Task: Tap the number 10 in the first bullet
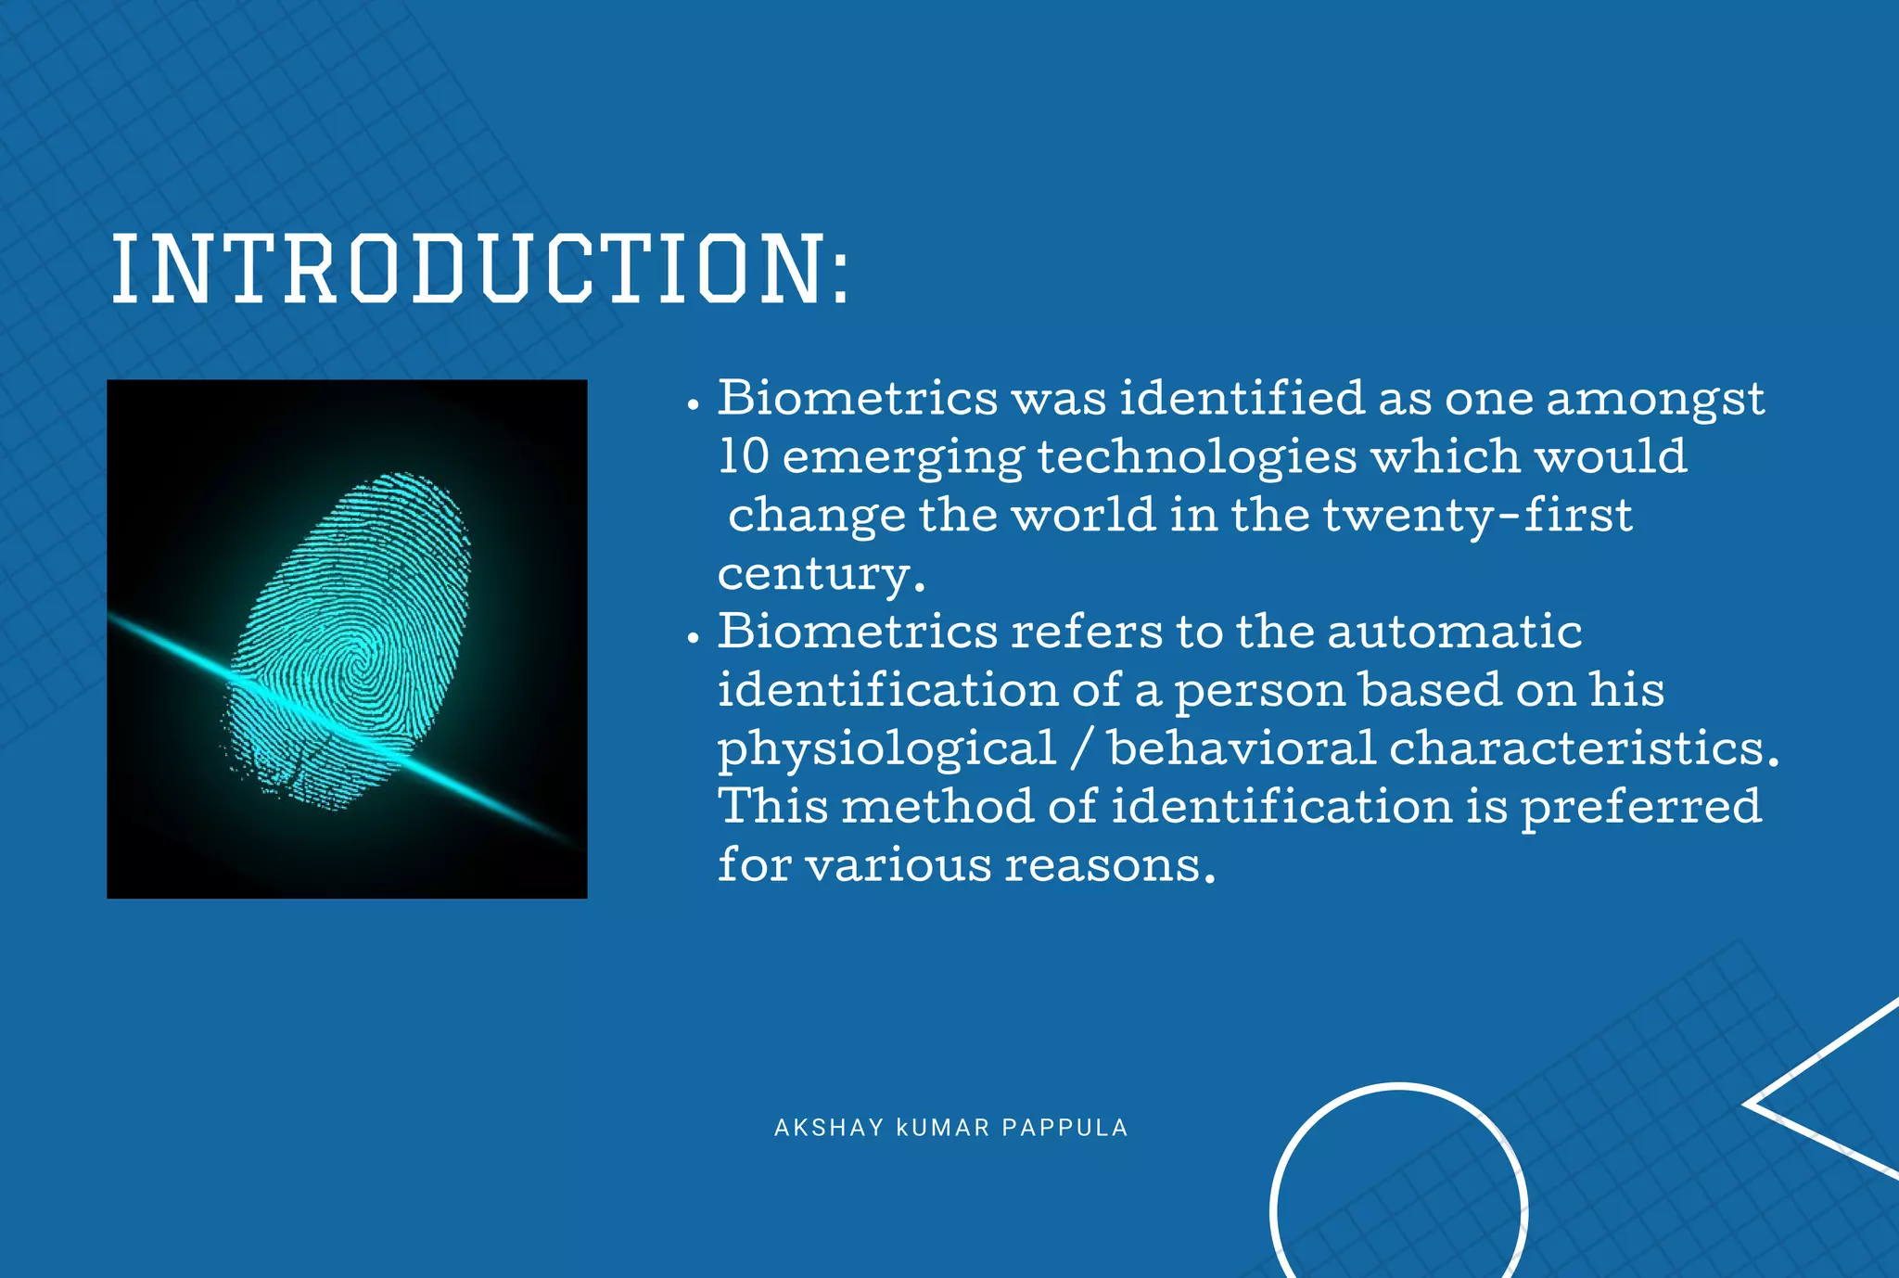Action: (744, 456)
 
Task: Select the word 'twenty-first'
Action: (1477, 515)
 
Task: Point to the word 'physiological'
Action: (887, 748)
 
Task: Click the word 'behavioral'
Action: (1242, 748)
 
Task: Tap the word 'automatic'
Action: (1454, 632)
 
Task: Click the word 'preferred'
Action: (1640, 806)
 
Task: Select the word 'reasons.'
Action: (1110, 864)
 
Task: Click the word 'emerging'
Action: (903, 458)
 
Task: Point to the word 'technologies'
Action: (1197, 458)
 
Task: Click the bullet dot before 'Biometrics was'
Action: (693, 405)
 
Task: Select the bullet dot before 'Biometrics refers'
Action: (693, 639)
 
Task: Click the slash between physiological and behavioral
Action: (1081, 748)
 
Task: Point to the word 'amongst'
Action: (1654, 399)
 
